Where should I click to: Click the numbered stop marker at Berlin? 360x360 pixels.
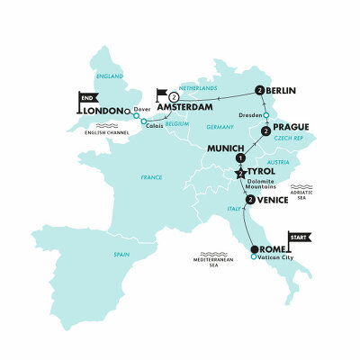[259, 90]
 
